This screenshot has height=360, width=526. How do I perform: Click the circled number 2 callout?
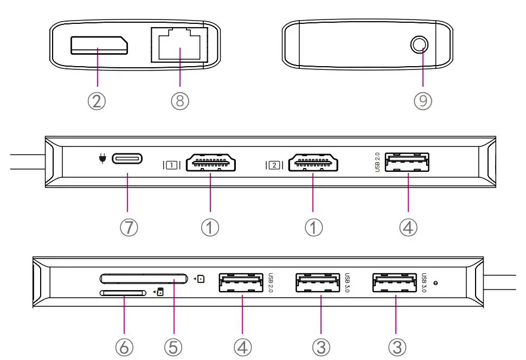[x=97, y=101]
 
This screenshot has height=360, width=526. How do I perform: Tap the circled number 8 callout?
[x=180, y=101]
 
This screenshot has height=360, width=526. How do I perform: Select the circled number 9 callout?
[x=422, y=101]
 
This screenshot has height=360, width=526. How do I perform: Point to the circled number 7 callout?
[x=129, y=227]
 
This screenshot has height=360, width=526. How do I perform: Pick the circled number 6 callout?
[x=124, y=347]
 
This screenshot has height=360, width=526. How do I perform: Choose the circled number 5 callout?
[x=173, y=347]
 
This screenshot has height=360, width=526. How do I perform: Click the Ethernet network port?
[x=179, y=44]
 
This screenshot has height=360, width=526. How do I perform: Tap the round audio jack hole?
[x=420, y=44]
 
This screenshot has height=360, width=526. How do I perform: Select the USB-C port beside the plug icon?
[x=127, y=158]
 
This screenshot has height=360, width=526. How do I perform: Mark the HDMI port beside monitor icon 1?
[x=210, y=163]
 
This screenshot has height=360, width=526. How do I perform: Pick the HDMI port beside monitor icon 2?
[x=313, y=163]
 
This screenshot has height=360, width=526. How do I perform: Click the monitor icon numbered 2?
[x=274, y=165]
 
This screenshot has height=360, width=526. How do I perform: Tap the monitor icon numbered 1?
[x=172, y=165]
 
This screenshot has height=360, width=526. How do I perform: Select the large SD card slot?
[x=144, y=279]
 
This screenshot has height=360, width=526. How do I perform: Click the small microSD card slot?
[x=123, y=293]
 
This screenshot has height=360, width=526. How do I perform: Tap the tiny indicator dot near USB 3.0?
[x=435, y=283]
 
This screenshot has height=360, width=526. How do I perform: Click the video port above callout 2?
[x=99, y=46]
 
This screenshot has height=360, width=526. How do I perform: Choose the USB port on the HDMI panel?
[x=407, y=162]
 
